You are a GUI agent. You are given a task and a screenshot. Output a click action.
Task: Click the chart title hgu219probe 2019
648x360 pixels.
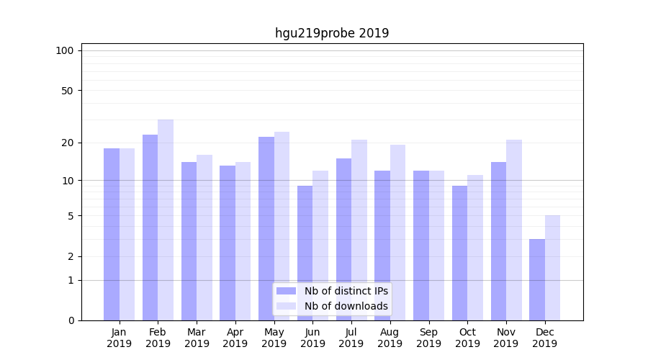click(332, 33)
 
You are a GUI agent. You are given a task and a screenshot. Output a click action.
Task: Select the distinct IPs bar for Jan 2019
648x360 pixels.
click(112, 234)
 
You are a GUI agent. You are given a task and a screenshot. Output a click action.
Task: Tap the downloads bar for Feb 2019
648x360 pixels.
click(166, 220)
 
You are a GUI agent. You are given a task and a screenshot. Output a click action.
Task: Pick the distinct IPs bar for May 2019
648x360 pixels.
click(266, 228)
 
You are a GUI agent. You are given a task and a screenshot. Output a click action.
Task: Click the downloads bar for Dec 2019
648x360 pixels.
click(552, 268)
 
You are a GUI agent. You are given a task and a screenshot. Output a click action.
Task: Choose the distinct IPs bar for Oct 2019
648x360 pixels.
click(460, 253)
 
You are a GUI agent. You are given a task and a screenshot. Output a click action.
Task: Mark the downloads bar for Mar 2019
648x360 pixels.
click(204, 238)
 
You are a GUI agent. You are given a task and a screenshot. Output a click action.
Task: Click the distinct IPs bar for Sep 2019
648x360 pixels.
click(421, 246)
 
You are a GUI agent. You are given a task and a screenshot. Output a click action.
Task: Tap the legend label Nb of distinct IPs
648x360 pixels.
click(346, 291)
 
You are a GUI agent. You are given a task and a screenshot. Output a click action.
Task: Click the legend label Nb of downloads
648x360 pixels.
click(346, 306)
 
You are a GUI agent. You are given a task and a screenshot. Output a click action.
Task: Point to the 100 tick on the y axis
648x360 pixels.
click(65, 50)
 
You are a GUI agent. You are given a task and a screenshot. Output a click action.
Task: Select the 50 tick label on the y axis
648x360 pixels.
click(67, 91)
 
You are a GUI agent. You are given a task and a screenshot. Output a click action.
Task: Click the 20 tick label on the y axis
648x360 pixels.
click(67, 143)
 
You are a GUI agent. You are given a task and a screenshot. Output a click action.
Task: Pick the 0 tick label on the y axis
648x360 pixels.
click(71, 320)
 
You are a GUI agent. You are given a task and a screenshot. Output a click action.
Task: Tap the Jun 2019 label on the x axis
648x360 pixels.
click(312, 338)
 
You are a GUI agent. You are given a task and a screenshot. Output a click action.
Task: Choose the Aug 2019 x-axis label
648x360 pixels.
click(390, 338)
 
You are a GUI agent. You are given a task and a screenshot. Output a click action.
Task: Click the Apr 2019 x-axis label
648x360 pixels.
click(235, 338)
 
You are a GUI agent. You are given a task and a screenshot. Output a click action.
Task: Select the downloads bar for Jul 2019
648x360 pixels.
click(359, 230)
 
